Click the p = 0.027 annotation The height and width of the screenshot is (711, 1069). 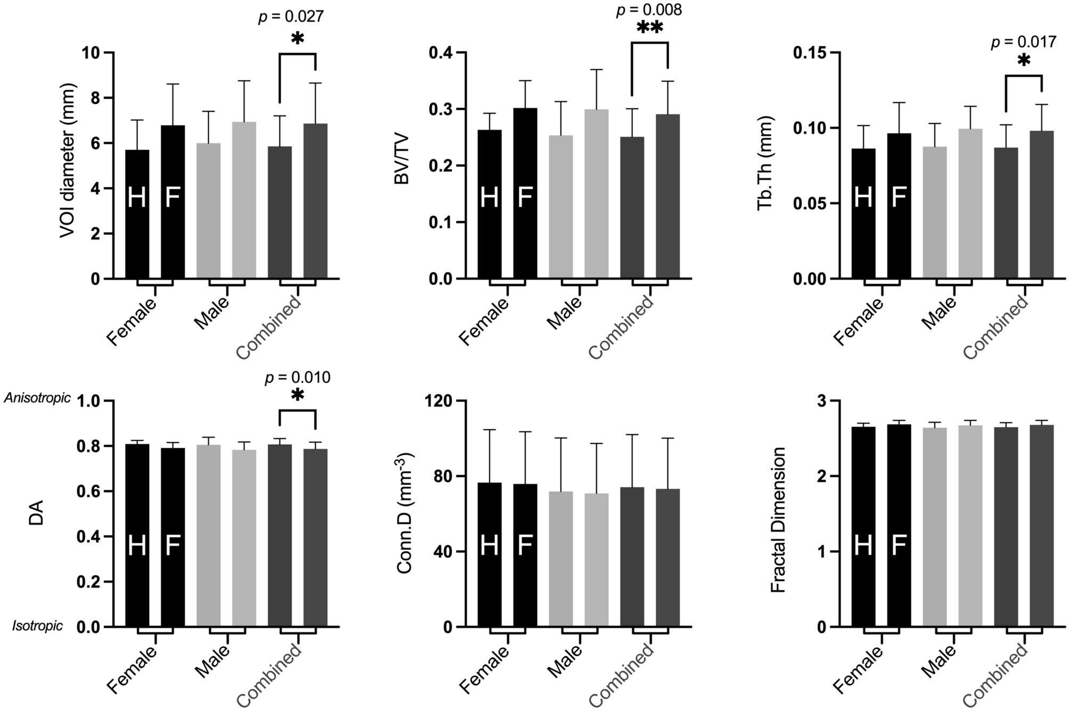291,17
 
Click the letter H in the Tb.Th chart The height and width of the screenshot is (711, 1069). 863,198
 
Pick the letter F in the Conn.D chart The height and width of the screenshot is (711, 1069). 525,546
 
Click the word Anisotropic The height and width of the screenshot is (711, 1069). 37,398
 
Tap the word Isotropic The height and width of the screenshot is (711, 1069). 37,626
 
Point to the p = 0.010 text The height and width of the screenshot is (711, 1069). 297,378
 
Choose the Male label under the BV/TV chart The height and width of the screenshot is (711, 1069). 565,313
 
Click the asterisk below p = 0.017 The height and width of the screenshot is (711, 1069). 1023,61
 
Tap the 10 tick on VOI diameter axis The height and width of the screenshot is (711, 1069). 92,53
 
